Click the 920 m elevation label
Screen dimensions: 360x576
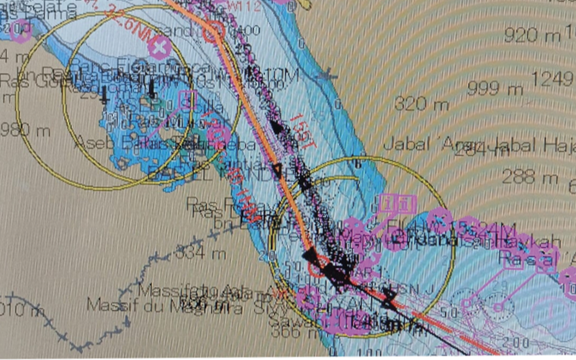(x=532, y=35)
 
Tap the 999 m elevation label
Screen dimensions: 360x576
(x=495, y=89)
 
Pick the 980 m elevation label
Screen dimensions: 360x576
(x=25, y=130)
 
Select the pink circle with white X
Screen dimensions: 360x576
(x=160, y=46)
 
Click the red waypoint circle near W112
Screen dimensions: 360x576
(x=213, y=30)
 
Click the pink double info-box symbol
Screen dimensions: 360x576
(x=397, y=203)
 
